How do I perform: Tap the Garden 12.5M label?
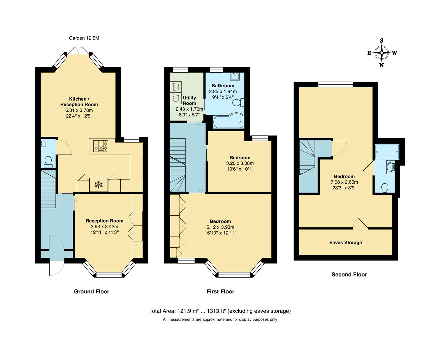(84, 38)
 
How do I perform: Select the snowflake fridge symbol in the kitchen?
(98, 185)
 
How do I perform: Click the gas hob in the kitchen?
(101, 146)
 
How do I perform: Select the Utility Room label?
(189, 100)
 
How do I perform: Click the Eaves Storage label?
(345, 243)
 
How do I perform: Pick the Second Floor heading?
(349, 275)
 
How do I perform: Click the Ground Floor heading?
(91, 292)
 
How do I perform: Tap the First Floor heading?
(220, 292)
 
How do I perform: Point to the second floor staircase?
(307, 157)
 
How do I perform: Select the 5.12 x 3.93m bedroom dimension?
(220, 227)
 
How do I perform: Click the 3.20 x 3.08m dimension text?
(240, 163)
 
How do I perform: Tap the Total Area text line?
(220, 311)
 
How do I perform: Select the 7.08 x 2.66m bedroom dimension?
(344, 182)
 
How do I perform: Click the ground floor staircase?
(48, 189)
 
